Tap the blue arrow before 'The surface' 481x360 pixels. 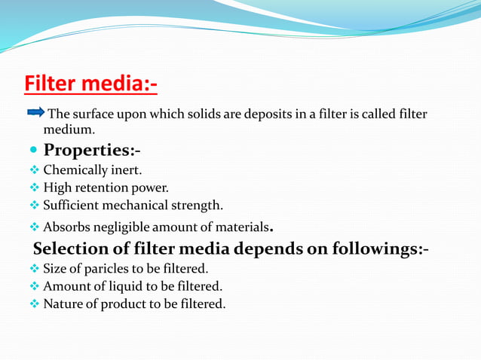point(36,113)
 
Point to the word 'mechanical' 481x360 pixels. point(139,205)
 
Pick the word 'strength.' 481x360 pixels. point(198,205)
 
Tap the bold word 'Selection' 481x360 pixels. point(72,249)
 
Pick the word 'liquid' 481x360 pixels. point(131,286)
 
